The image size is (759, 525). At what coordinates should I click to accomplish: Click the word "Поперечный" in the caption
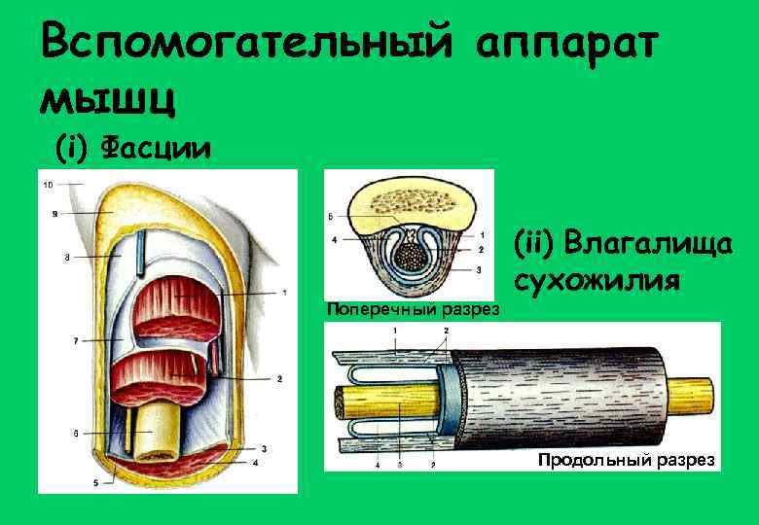375,310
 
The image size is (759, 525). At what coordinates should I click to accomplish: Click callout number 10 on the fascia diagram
48,183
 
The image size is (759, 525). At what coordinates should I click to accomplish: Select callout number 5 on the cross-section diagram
332,216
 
